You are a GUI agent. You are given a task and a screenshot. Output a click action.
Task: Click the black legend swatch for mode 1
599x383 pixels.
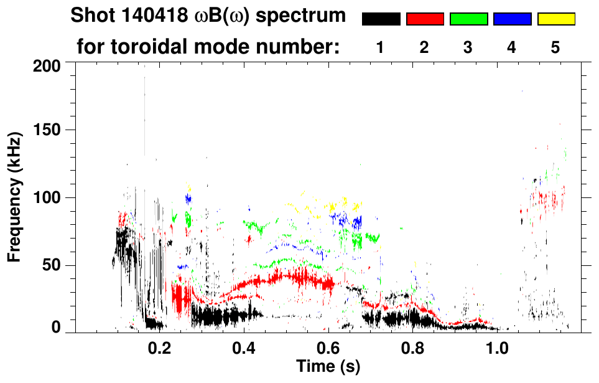(x=381, y=19)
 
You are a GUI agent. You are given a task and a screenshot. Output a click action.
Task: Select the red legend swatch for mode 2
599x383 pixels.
(x=425, y=19)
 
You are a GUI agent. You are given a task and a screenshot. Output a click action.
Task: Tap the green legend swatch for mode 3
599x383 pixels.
(x=468, y=19)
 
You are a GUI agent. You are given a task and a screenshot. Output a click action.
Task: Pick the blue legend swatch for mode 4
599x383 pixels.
(x=512, y=19)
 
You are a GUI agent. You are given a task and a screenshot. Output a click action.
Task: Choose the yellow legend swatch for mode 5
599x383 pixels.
(x=555, y=19)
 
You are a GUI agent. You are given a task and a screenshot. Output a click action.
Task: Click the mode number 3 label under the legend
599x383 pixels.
(x=468, y=47)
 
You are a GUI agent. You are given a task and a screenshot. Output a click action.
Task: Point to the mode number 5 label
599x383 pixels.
(x=555, y=47)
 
